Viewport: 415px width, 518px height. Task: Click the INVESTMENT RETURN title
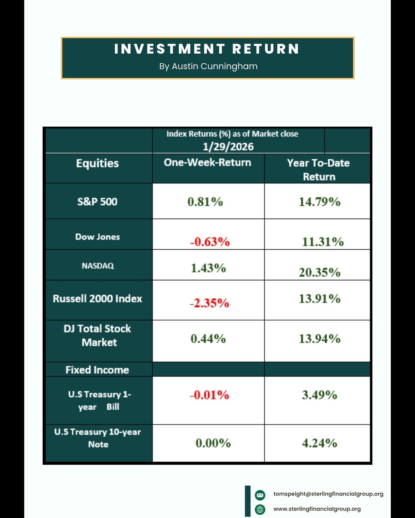[x=207, y=49]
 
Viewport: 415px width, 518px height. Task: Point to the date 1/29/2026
[x=228, y=147]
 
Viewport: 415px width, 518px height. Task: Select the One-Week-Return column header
[x=207, y=163]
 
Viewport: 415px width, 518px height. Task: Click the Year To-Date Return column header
[x=319, y=170]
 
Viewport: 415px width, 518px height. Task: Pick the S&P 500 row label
[x=97, y=202]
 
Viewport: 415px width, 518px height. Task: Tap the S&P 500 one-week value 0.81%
[x=205, y=202]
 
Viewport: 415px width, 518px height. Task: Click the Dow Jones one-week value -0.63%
[x=210, y=242]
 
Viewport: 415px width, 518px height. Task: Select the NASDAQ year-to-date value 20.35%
[x=320, y=272]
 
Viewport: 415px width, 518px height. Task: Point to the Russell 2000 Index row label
[x=98, y=299]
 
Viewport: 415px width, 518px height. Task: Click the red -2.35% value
[x=209, y=303]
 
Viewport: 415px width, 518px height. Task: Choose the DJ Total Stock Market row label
[x=98, y=335]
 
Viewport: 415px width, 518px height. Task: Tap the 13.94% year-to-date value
[x=320, y=339]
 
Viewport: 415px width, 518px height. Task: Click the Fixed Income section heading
[x=97, y=370]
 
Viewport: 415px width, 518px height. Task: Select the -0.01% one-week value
[x=209, y=395]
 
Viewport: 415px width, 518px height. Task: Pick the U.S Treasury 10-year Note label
[x=98, y=438]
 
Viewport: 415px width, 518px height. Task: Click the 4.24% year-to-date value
[x=320, y=443]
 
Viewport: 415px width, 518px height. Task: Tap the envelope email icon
[x=260, y=495]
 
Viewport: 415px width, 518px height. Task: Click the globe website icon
[x=260, y=510]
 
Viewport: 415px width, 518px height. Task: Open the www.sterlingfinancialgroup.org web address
[x=317, y=509]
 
